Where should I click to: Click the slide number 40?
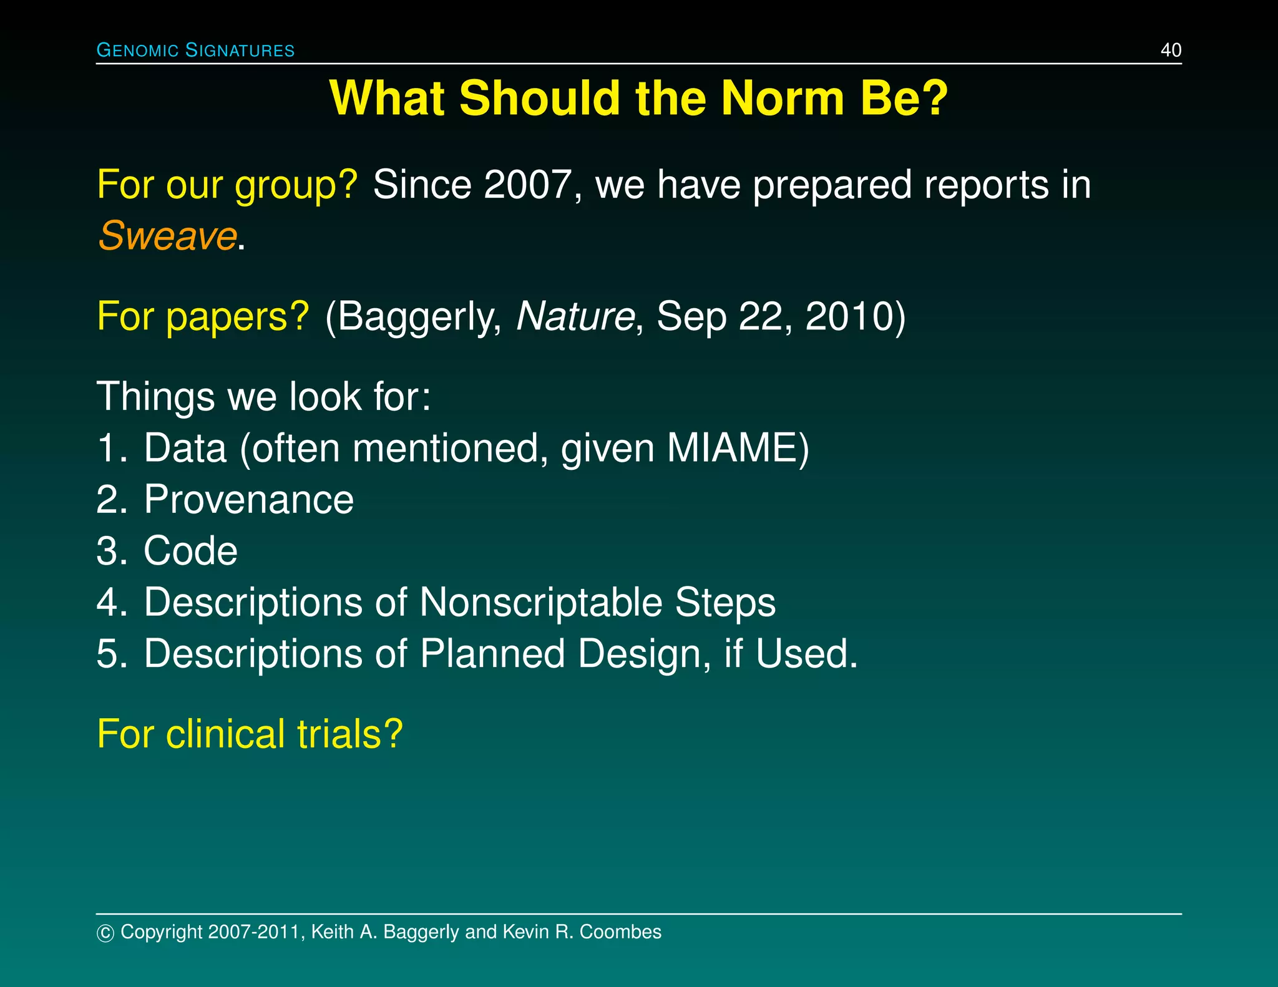(1171, 50)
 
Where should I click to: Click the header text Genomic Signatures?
(195, 50)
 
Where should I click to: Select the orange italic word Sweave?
(167, 236)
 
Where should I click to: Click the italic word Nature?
(575, 316)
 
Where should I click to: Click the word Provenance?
(248, 500)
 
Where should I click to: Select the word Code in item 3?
(190, 551)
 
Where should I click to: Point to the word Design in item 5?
(644, 654)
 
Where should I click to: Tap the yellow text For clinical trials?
(250, 734)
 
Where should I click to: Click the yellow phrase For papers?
(203, 316)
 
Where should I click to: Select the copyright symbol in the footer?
(105, 933)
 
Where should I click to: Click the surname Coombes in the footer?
(620, 931)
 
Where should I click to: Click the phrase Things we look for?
(263, 396)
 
